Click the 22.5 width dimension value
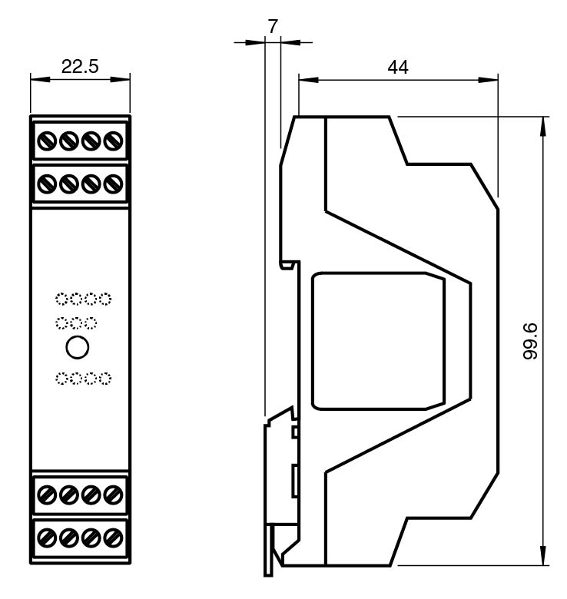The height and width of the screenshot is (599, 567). tap(80, 67)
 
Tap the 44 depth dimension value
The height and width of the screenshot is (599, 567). tap(397, 67)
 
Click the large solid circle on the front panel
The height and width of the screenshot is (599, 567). tap(78, 347)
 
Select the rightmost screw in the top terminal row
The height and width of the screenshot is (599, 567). tap(114, 141)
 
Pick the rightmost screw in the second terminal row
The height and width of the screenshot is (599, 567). tap(114, 184)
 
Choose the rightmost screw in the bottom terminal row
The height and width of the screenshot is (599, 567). tap(114, 534)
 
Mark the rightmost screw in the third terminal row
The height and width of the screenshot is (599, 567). tap(114, 492)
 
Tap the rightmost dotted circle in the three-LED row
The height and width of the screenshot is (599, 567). tap(91, 323)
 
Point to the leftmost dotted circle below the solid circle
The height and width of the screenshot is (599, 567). tap(61, 378)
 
